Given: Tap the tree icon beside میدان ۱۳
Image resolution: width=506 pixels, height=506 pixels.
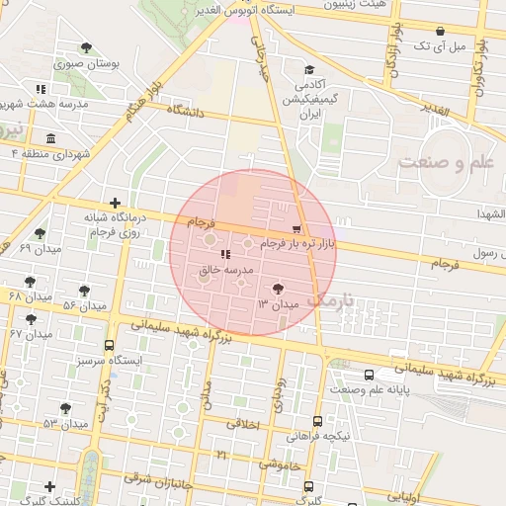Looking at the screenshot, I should tap(279, 290).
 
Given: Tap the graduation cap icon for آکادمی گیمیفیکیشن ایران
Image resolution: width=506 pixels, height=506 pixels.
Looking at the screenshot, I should tap(309, 69).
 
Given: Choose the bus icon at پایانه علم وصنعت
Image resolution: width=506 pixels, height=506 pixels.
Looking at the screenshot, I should tap(370, 376).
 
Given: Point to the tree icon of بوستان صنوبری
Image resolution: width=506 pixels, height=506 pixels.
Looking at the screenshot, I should tap(87, 47).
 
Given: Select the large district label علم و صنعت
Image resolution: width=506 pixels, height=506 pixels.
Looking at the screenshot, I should tap(446, 163).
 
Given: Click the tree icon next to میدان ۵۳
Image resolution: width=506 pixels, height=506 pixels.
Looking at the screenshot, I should tap(66, 408).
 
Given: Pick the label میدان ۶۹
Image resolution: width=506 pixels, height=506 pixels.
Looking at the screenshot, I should tap(41, 248).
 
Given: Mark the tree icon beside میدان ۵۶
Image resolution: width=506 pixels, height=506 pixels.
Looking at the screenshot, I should tap(85, 291).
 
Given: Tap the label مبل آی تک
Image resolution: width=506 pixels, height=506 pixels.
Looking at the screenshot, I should tap(435, 45).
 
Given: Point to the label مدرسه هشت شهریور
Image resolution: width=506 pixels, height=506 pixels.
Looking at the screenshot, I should tap(44, 104).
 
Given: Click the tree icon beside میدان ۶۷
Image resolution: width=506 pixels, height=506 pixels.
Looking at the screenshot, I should tap(31, 319).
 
